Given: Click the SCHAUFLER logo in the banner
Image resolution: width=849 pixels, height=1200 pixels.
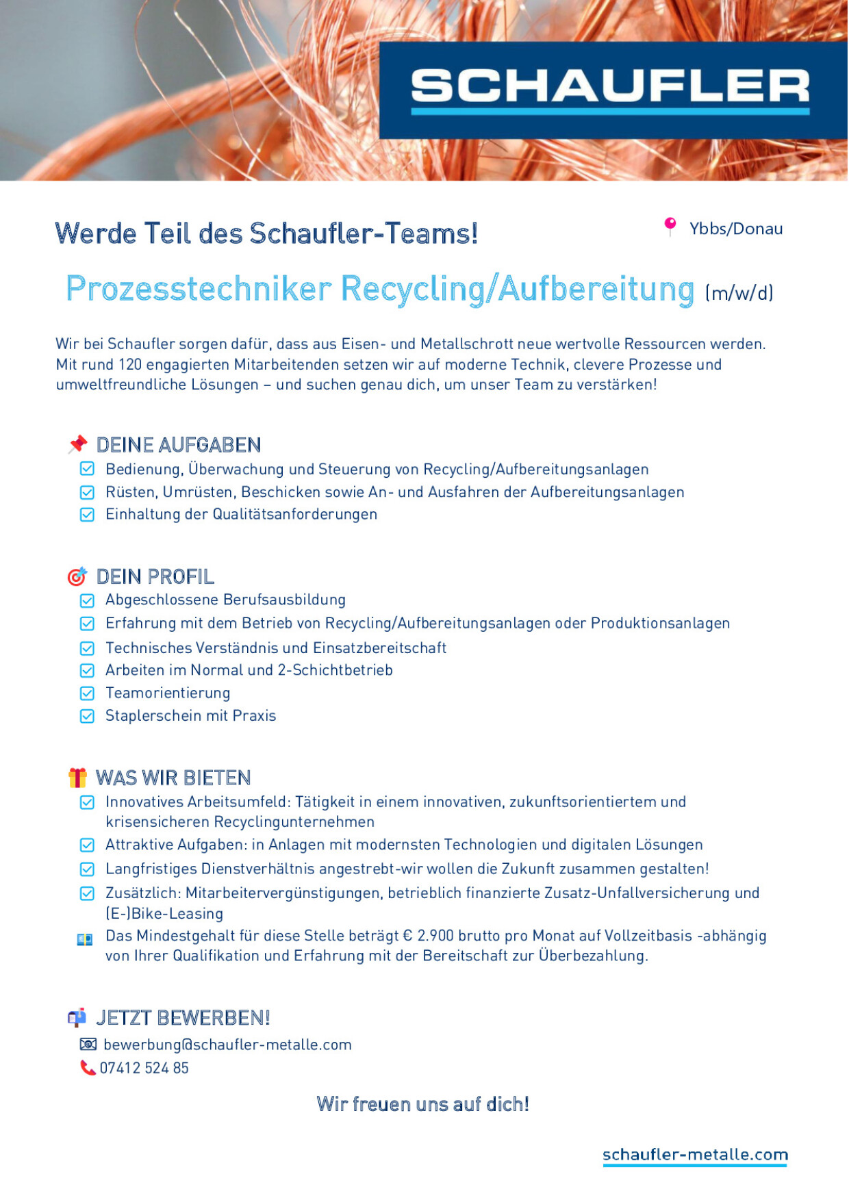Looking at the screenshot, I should pos(610,89).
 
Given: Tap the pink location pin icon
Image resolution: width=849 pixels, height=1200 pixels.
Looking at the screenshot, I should pos(670,226).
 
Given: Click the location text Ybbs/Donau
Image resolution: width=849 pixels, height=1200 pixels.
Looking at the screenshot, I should pos(736,229).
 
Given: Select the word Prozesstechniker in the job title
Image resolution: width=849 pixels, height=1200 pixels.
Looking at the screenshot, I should pos(199,289).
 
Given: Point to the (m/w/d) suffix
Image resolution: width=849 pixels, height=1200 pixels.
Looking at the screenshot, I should pos(739,293).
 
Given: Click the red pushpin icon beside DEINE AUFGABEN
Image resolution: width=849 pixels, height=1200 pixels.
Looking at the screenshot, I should pos(78,444).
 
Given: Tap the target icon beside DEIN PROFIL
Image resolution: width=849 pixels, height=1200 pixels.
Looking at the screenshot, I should pos(77,576).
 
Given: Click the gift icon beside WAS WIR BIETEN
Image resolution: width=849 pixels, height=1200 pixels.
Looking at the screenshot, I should pos(77,778).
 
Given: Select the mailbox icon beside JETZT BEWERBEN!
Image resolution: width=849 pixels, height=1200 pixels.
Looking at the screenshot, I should pos(77,1018).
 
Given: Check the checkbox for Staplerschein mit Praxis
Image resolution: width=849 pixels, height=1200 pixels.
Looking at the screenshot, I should pos(87,716).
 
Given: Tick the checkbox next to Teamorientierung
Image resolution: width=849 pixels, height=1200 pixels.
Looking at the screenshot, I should pos(87,693).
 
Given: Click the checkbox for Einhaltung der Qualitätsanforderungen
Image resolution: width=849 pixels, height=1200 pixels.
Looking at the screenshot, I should pos(87,515).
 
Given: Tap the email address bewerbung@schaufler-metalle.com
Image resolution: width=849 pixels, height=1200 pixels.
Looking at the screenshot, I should pos(227,1045).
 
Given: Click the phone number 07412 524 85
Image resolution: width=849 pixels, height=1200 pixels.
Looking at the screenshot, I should pos(144,1068).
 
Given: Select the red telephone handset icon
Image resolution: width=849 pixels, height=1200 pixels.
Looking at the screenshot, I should pos(88,1068).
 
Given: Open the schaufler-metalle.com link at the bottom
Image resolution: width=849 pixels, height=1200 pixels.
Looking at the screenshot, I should pos(695,1155).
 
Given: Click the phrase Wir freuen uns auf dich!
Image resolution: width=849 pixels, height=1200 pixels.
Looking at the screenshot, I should pos(422,1104).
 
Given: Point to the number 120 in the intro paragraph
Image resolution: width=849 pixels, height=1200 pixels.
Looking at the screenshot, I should pos(130,364).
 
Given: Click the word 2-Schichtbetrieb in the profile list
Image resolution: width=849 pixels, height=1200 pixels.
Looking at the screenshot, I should pos(335,670).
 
